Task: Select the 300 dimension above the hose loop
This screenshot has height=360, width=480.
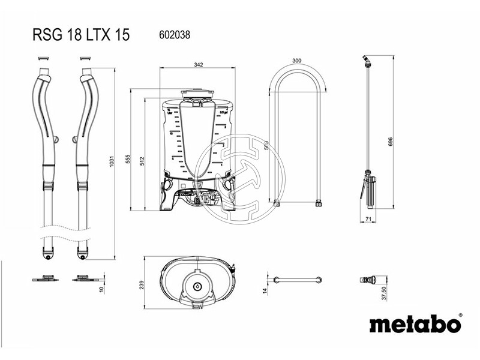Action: (x=296, y=61)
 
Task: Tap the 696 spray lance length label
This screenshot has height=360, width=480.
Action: (x=390, y=141)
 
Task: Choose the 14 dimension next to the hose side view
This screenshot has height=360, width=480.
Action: (x=263, y=291)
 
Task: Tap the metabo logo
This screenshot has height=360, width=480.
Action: (x=415, y=324)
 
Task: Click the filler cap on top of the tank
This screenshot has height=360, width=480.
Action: (x=197, y=95)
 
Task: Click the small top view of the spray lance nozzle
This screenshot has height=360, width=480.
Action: (x=367, y=280)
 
